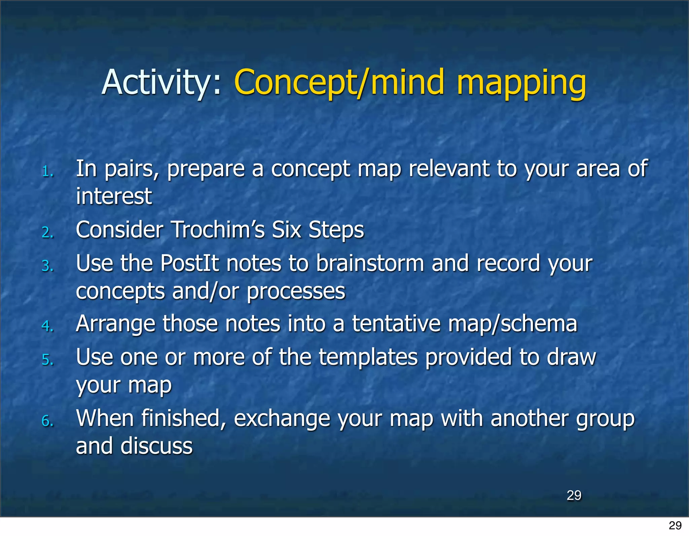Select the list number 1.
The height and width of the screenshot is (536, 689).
tap(47, 172)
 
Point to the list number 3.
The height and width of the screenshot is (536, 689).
tap(47, 266)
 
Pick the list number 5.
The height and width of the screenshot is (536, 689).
tap(47, 360)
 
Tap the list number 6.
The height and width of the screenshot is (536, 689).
tap(47, 421)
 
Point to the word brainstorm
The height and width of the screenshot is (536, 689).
tap(370, 263)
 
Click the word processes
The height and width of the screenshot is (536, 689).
tap(296, 291)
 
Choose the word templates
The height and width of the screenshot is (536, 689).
tap(368, 357)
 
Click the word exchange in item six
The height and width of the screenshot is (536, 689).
tap(282, 419)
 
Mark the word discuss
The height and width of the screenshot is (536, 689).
tap(156, 446)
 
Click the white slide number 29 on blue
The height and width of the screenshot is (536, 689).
tap(574, 495)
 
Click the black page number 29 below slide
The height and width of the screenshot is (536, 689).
tap(675, 526)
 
